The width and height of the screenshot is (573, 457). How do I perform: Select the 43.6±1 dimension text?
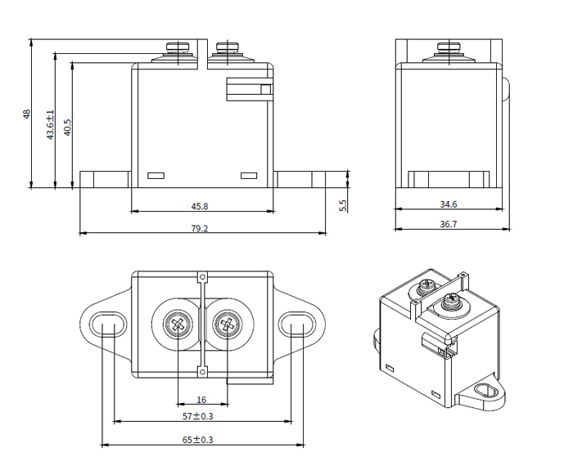click(50, 124)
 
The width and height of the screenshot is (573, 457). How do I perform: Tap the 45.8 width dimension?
click(200, 206)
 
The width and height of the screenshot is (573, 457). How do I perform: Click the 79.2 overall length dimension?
click(200, 228)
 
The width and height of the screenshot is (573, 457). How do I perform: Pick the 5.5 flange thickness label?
click(343, 205)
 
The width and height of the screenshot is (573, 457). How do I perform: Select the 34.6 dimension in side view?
click(448, 204)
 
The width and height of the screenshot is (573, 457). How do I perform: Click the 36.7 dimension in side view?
click(448, 224)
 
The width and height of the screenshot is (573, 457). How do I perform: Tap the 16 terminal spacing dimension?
click(201, 400)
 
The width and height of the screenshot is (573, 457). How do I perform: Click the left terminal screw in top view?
click(178, 325)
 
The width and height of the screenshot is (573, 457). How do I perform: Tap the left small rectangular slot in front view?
click(155, 175)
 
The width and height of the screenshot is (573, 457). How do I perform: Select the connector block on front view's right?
click(248, 90)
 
